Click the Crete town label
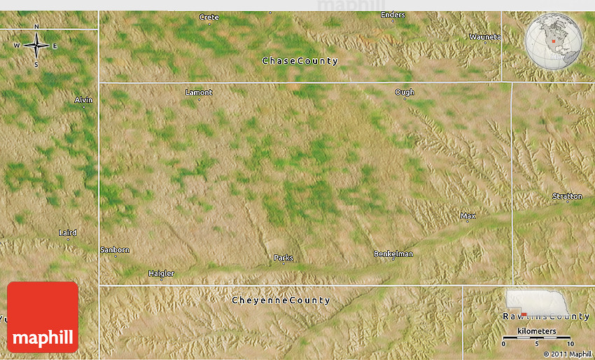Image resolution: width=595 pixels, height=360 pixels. (209, 17)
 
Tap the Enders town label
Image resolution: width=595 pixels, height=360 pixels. (393, 15)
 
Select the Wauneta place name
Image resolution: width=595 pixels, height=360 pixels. (485, 36)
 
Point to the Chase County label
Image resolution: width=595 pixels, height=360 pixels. (300, 61)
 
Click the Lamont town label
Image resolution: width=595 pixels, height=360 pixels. (199, 92)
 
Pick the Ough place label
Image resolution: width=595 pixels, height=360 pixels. (405, 92)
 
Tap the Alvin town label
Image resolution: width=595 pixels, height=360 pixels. (83, 100)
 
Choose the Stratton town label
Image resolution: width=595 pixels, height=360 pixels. (567, 196)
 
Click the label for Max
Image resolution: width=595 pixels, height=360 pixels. (468, 216)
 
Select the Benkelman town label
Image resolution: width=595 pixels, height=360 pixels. (393, 254)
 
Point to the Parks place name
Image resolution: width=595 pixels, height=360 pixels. (283, 258)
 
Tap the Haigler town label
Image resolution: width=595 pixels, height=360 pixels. (161, 273)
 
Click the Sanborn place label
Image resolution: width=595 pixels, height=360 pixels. (115, 249)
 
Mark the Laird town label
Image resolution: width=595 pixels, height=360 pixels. (68, 233)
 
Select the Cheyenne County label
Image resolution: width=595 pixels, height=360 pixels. (281, 300)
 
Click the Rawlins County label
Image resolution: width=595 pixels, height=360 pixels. (546, 317)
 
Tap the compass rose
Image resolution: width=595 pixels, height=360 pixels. (36, 46)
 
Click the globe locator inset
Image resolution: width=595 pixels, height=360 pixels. (554, 41)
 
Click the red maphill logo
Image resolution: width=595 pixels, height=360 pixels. (43, 317)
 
